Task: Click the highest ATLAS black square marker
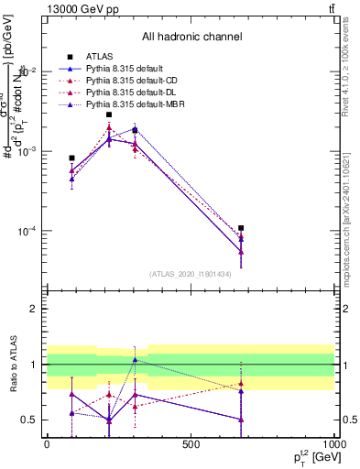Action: pyautogui.click(x=109, y=115)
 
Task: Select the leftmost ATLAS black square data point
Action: pyautogui.click(x=72, y=158)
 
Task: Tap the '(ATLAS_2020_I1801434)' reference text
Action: pyautogui.click(x=191, y=274)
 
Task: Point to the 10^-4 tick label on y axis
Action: pyautogui.click(x=27, y=231)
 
